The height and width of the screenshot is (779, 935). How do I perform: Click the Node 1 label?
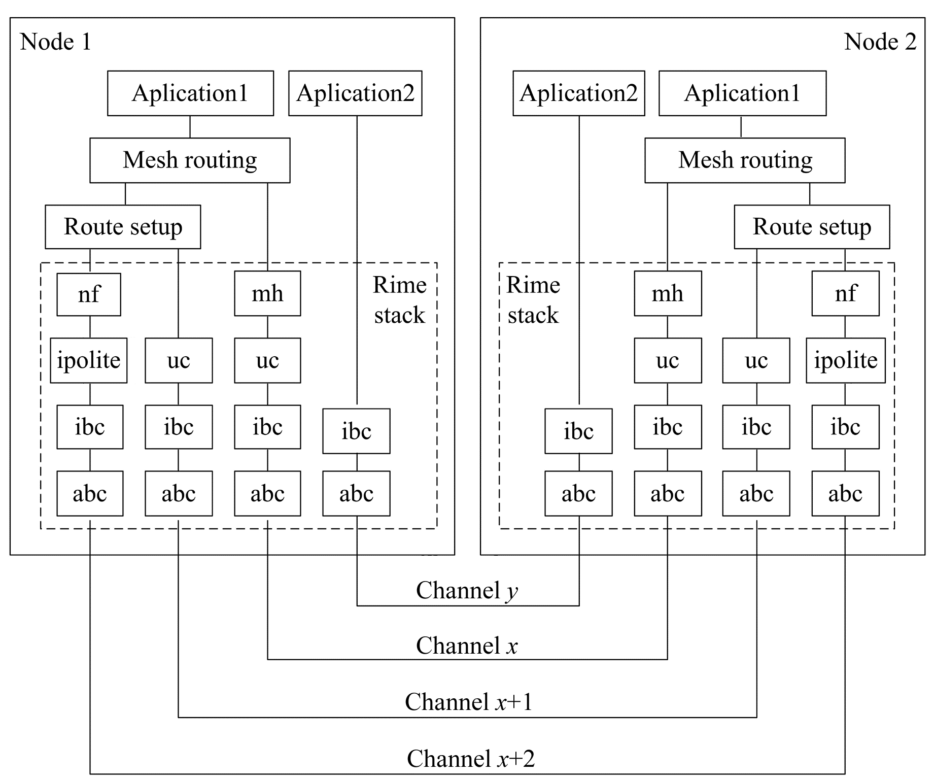pyautogui.click(x=56, y=42)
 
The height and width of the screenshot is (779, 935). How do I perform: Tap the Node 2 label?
pyautogui.click(x=880, y=42)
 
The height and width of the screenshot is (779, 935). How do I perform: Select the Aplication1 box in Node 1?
pyautogui.click(x=190, y=93)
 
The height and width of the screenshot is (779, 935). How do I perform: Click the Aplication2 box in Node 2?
pyautogui.click(x=578, y=93)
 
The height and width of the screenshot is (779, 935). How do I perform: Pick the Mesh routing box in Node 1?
pyautogui.click(x=190, y=160)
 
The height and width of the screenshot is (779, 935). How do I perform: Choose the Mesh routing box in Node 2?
pyautogui.click(x=745, y=160)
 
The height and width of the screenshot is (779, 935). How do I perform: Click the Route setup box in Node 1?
pyautogui.click(x=123, y=227)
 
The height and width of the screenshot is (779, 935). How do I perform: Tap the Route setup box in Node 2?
pyautogui.click(x=812, y=227)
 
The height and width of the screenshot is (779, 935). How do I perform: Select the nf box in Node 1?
pyautogui.click(x=89, y=294)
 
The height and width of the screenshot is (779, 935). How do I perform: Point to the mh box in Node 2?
pyautogui.click(x=668, y=294)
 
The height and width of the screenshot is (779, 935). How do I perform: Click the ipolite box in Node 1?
pyautogui.click(x=89, y=360)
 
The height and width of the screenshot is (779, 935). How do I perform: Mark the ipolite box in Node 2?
pyautogui.click(x=845, y=360)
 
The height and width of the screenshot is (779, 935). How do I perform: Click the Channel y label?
pyautogui.click(x=467, y=590)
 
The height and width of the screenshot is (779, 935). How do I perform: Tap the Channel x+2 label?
pyautogui.click(x=471, y=759)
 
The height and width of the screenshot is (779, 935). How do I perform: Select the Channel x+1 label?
pyautogui.click(x=469, y=702)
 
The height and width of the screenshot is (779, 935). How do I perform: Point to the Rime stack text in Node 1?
pyautogui.click(x=400, y=300)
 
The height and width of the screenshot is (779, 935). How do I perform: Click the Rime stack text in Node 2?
pyautogui.click(x=533, y=300)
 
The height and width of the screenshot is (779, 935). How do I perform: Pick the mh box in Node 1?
pyautogui.click(x=267, y=294)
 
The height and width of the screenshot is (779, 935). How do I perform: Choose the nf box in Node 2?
pyautogui.click(x=845, y=294)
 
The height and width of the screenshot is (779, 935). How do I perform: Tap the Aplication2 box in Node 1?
pyautogui.click(x=355, y=93)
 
